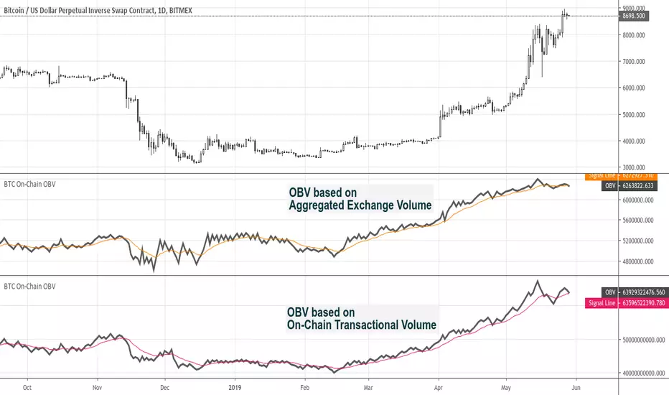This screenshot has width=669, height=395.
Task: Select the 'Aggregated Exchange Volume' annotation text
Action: (x=360, y=205)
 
